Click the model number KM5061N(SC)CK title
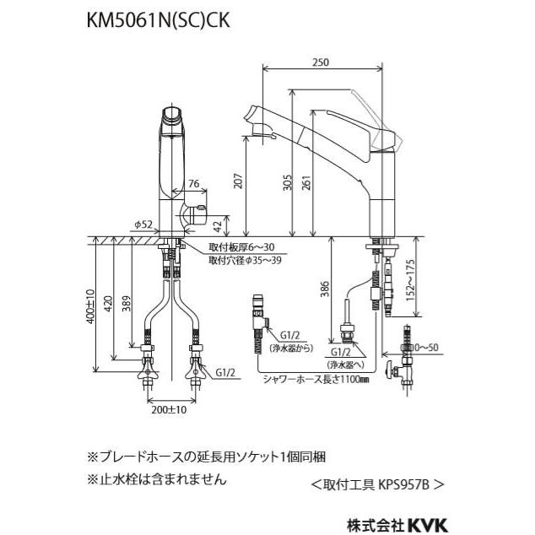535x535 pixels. tap(158, 20)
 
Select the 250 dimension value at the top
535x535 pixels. tap(321, 62)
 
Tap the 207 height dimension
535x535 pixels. tap(239, 181)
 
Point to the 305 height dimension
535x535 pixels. tap(288, 182)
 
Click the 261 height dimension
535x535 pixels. tap(306, 182)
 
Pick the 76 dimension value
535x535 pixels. tap(194, 184)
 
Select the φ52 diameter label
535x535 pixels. tap(143, 224)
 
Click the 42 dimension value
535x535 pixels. tap(217, 225)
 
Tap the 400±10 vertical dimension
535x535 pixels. tap(90, 306)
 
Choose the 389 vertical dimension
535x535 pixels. tap(127, 304)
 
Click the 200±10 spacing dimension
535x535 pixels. tap(169, 409)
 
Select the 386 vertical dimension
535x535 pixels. tap(325, 289)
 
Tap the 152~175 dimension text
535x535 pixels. tap(410, 280)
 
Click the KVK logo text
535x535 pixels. tap(427, 524)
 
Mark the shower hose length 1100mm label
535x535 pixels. tap(316, 379)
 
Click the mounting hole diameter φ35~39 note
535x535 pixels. tap(246, 261)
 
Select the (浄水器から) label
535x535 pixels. tap(291, 348)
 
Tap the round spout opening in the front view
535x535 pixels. tap(172, 114)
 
